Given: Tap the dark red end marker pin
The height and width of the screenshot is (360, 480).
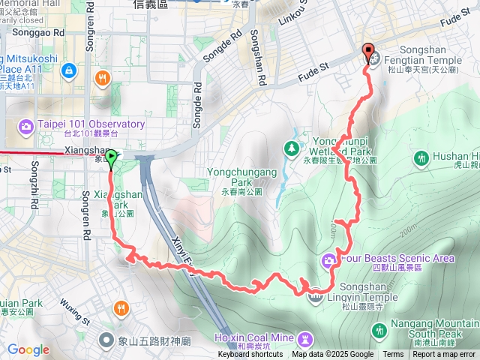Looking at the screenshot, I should coord(368,51).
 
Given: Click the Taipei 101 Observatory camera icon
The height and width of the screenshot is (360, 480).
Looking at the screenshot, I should coord(27,124).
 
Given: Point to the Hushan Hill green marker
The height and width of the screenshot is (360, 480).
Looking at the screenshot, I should coord(421,158).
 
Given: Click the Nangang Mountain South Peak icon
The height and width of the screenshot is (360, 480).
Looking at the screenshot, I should coord(380,329).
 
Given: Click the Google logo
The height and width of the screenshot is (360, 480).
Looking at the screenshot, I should coord(28,349).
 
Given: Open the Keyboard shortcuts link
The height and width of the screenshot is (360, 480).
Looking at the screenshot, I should coord(251,355).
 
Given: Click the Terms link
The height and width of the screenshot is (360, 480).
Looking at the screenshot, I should coord(393,355).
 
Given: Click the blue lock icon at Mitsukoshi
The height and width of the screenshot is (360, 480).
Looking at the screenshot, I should coord(69,70).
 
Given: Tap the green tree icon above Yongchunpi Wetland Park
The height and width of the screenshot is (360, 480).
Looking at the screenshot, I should coord(290,148).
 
